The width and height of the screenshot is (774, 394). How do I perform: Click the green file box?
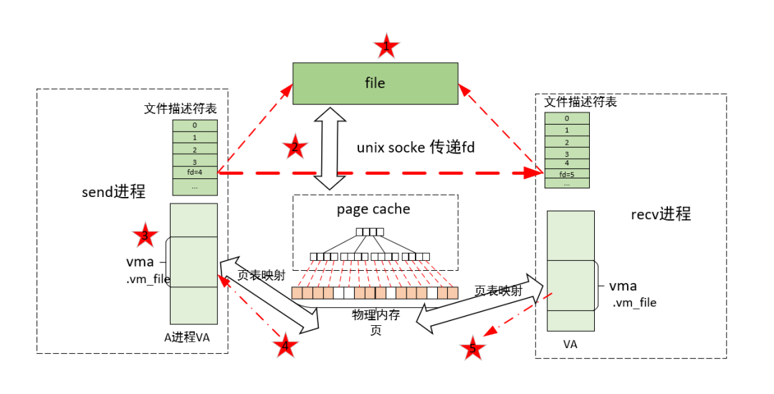point(375,83)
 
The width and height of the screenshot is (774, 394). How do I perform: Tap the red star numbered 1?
point(387,47)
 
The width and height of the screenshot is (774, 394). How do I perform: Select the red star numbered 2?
point(295,148)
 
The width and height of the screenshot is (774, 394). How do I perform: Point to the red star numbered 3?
point(145,236)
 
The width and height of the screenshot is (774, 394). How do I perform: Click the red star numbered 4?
point(286,347)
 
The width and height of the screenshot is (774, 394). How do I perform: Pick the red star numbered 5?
point(472,350)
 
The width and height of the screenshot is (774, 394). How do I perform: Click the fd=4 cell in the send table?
point(194,172)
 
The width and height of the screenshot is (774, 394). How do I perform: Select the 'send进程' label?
point(114,191)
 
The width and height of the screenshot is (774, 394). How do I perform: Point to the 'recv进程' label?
point(661,213)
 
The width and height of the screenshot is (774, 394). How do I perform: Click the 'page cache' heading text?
point(373,209)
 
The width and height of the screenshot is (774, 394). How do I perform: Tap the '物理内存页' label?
point(376,322)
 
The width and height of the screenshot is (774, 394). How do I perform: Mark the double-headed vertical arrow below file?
point(330,149)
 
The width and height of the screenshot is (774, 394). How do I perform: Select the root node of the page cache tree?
point(370,231)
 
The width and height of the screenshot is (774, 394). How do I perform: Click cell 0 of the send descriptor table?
point(194,125)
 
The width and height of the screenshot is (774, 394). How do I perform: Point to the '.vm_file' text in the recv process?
point(634,303)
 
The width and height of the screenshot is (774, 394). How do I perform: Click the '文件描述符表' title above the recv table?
point(580,102)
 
